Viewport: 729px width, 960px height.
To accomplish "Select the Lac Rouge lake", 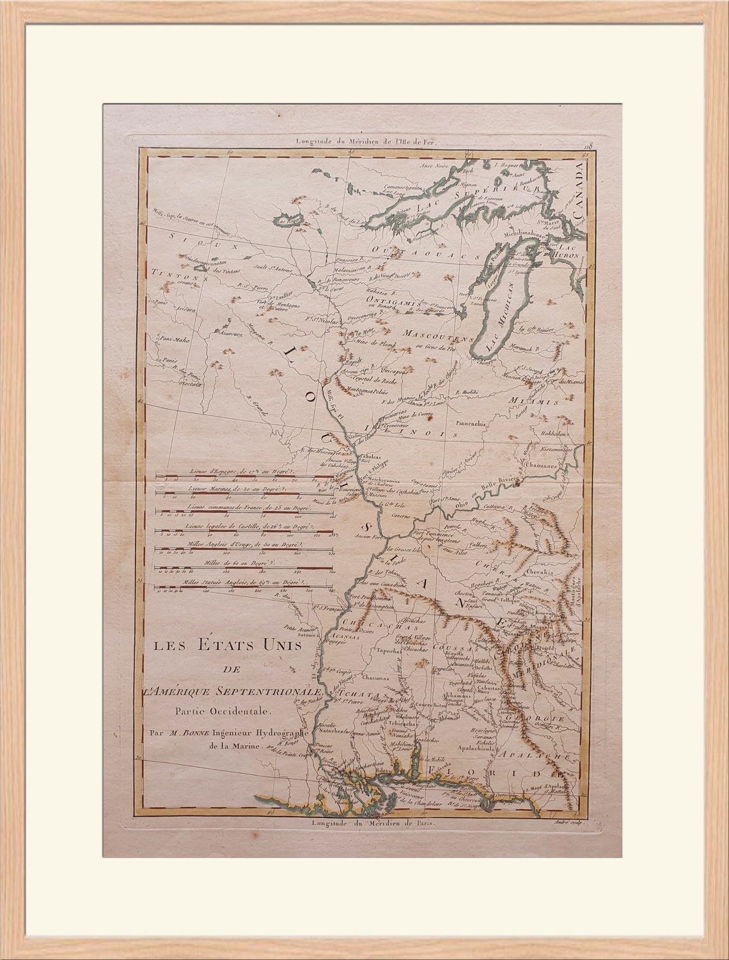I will [286, 221].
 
